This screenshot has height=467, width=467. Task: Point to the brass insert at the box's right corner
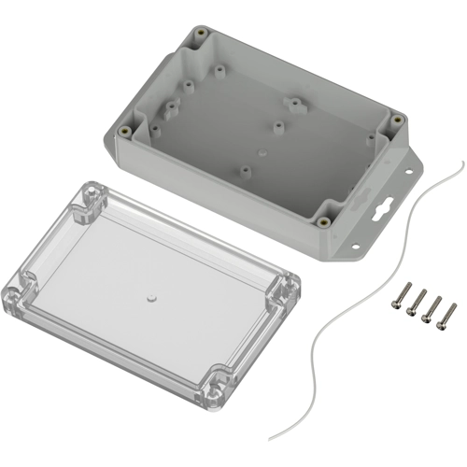pos(396,120)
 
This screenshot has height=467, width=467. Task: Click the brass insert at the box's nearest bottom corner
pos(322,222)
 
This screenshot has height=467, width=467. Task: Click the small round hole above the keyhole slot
pos(407,173)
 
